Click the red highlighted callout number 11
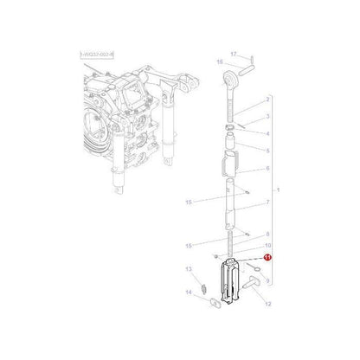point(267,257)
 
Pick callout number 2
point(267,100)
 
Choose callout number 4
point(267,134)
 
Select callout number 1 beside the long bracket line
point(278,189)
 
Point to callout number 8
point(267,235)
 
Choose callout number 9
point(267,281)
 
